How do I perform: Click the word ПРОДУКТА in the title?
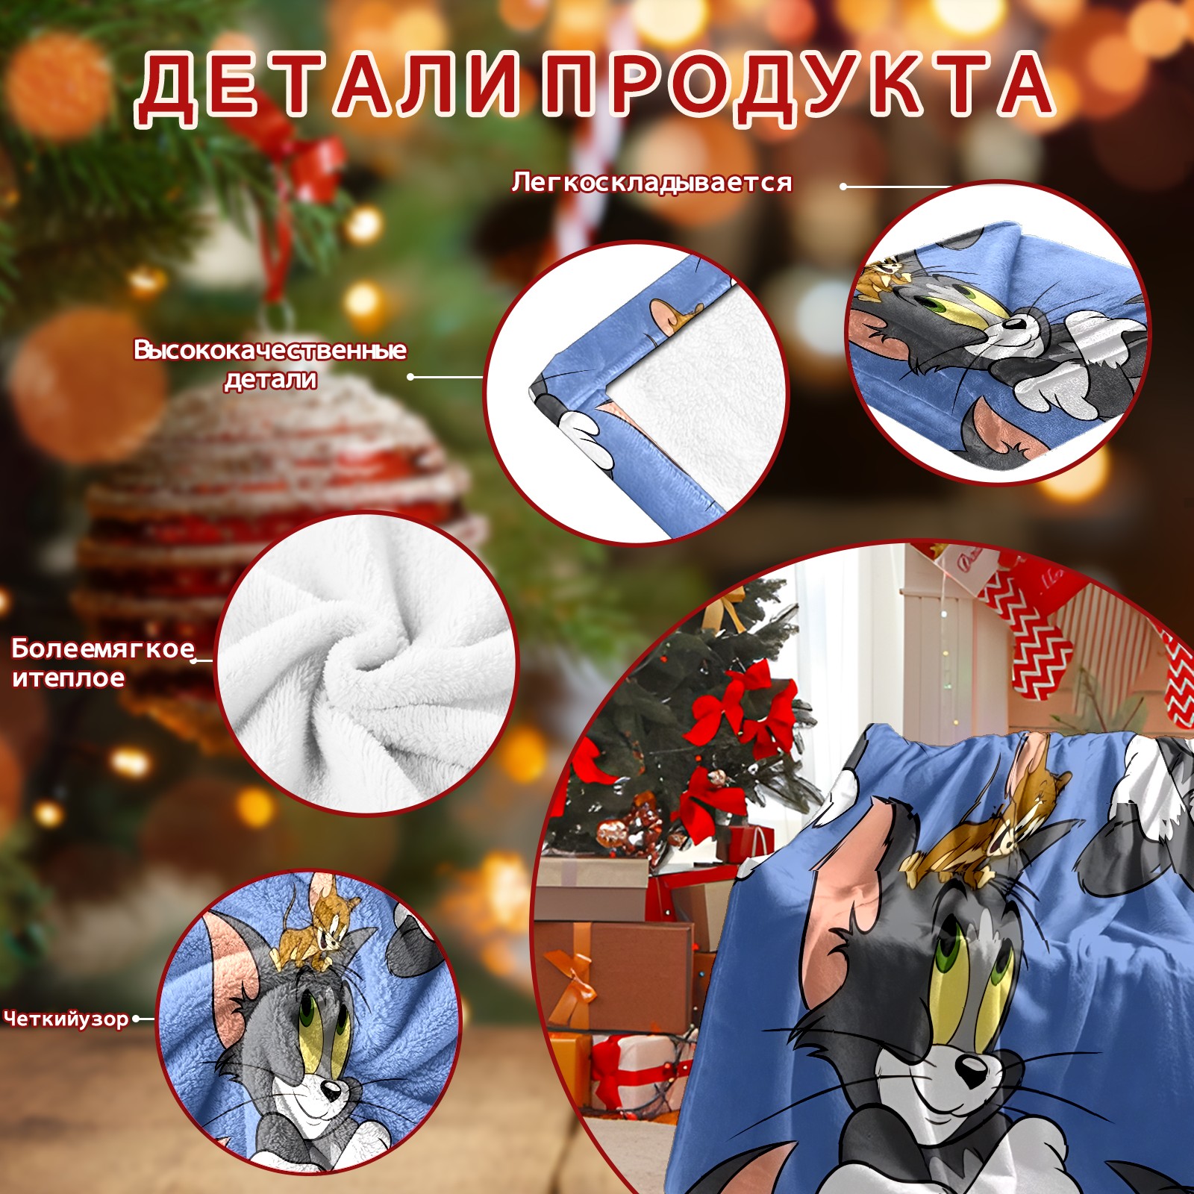pos(797,88)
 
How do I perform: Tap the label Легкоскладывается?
pos(651,183)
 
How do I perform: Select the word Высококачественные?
pos(270,350)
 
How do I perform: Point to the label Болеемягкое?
pos(103,649)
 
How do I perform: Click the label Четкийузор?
pos(66,1019)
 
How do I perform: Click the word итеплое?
pos(68,678)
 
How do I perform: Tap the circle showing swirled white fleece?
pos(366,663)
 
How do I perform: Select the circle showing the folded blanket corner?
pos(635,393)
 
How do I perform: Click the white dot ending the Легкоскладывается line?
pos(843,187)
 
